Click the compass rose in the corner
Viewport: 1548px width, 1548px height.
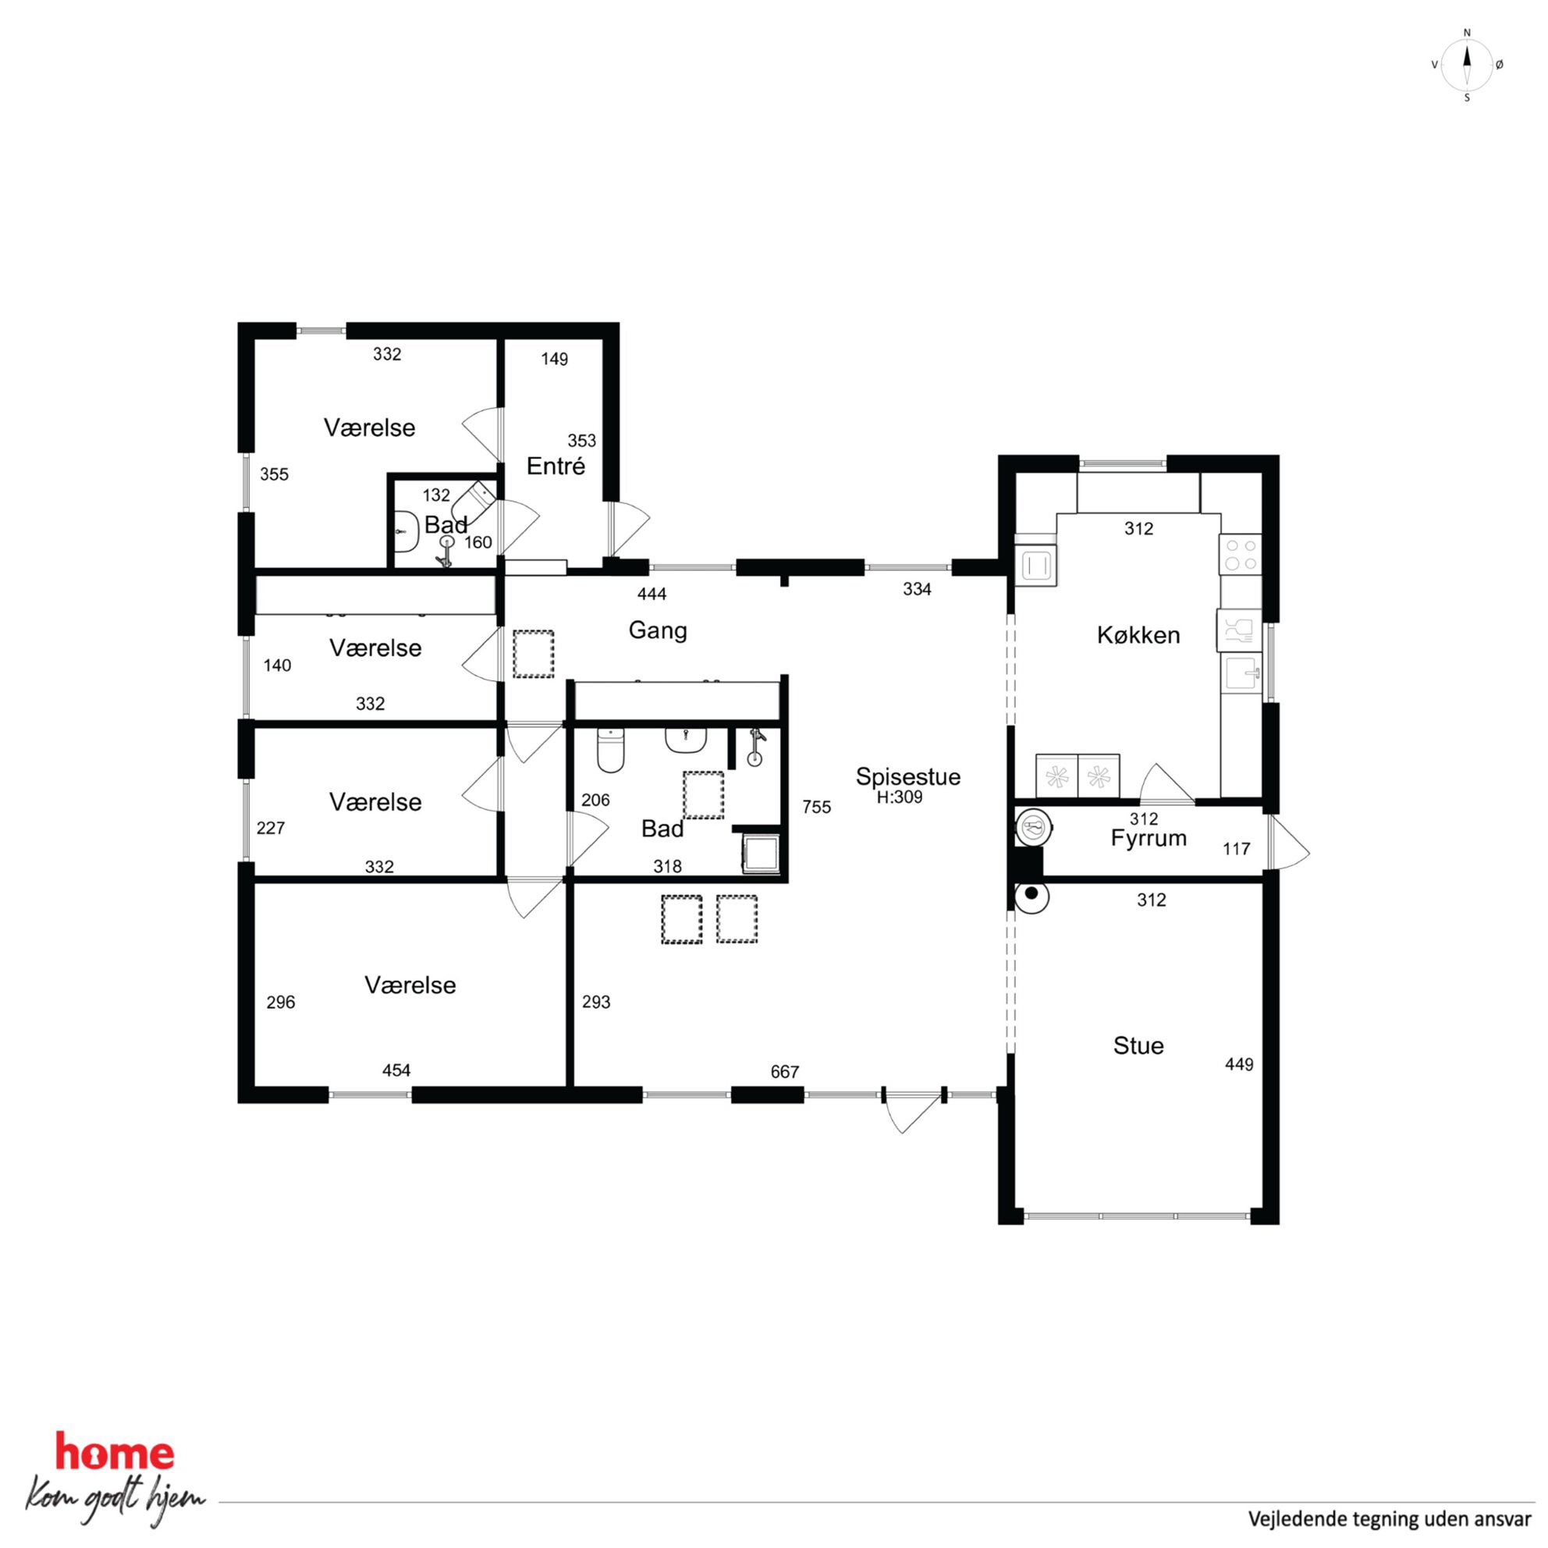point(1466,65)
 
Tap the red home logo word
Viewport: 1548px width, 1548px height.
point(114,1453)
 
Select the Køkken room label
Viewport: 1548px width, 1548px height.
point(1138,635)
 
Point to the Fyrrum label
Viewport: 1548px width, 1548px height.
point(1149,839)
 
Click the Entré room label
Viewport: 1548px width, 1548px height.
point(556,466)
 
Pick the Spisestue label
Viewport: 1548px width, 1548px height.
point(907,776)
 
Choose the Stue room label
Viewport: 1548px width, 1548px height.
point(1138,1046)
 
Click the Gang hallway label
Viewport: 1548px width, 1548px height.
point(658,630)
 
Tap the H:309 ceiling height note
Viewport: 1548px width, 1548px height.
point(899,797)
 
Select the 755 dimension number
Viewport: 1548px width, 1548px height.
point(816,807)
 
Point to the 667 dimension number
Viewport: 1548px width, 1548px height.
point(784,1072)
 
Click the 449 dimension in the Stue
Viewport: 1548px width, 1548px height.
point(1239,1064)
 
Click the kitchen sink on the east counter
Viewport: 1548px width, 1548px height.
point(1241,674)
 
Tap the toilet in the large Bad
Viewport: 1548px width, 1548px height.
point(611,749)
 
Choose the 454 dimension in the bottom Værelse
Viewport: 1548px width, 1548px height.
point(396,1070)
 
